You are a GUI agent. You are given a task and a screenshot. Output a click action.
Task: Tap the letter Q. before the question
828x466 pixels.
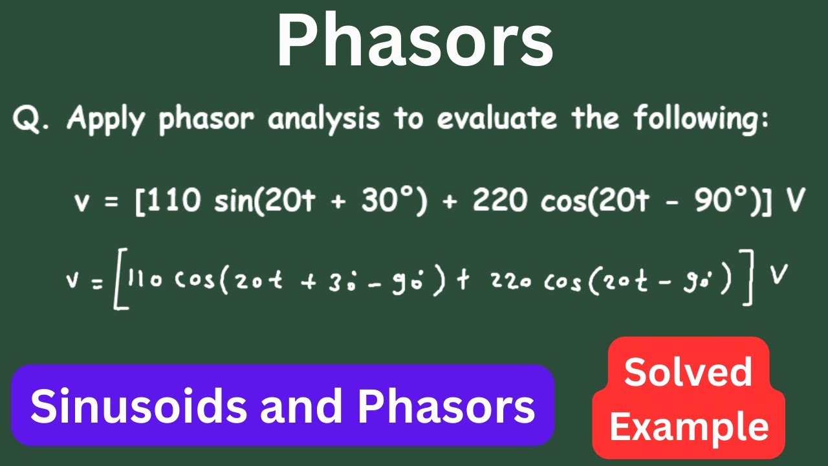click(31, 120)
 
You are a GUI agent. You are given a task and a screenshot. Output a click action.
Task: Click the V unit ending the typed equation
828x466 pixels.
click(794, 202)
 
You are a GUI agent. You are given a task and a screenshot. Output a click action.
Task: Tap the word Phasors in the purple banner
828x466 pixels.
click(447, 406)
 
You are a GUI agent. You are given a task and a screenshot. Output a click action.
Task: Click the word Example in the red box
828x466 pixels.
click(689, 427)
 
